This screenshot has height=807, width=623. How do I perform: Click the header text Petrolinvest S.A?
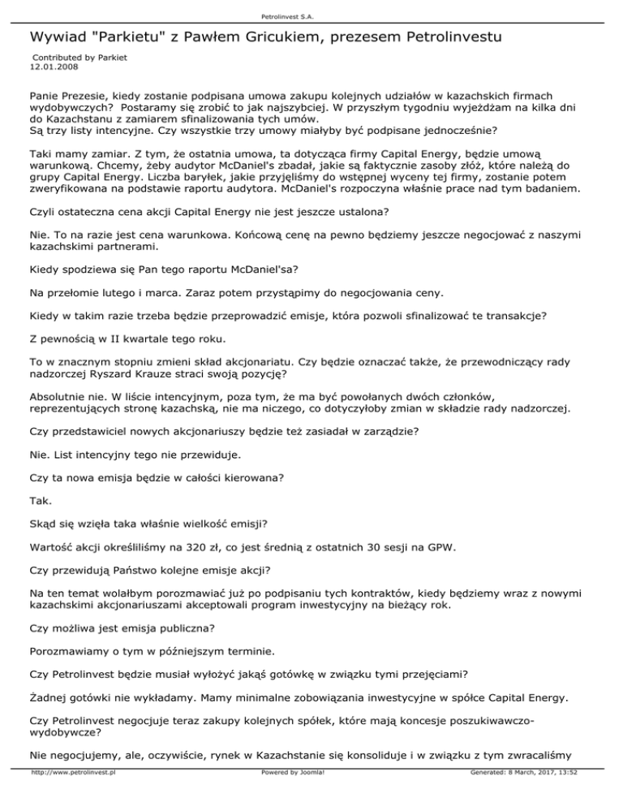coord(311,14)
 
